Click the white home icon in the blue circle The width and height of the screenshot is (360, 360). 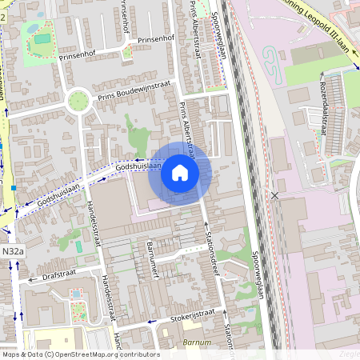[x=180, y=173]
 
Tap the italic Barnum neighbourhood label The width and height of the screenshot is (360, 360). [x=197, y=342]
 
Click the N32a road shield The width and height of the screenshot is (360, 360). [x=12, y=251]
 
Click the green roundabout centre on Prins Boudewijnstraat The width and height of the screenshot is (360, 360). [x=78, y=101]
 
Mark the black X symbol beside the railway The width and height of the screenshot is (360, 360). [x=275, y=195]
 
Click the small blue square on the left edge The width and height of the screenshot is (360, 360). [x=14, y=188]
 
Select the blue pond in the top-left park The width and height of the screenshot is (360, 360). [x=33, y=26]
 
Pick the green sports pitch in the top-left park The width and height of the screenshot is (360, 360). [x=42, y=38]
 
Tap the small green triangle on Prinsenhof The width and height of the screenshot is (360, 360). [x=127, y=53]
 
